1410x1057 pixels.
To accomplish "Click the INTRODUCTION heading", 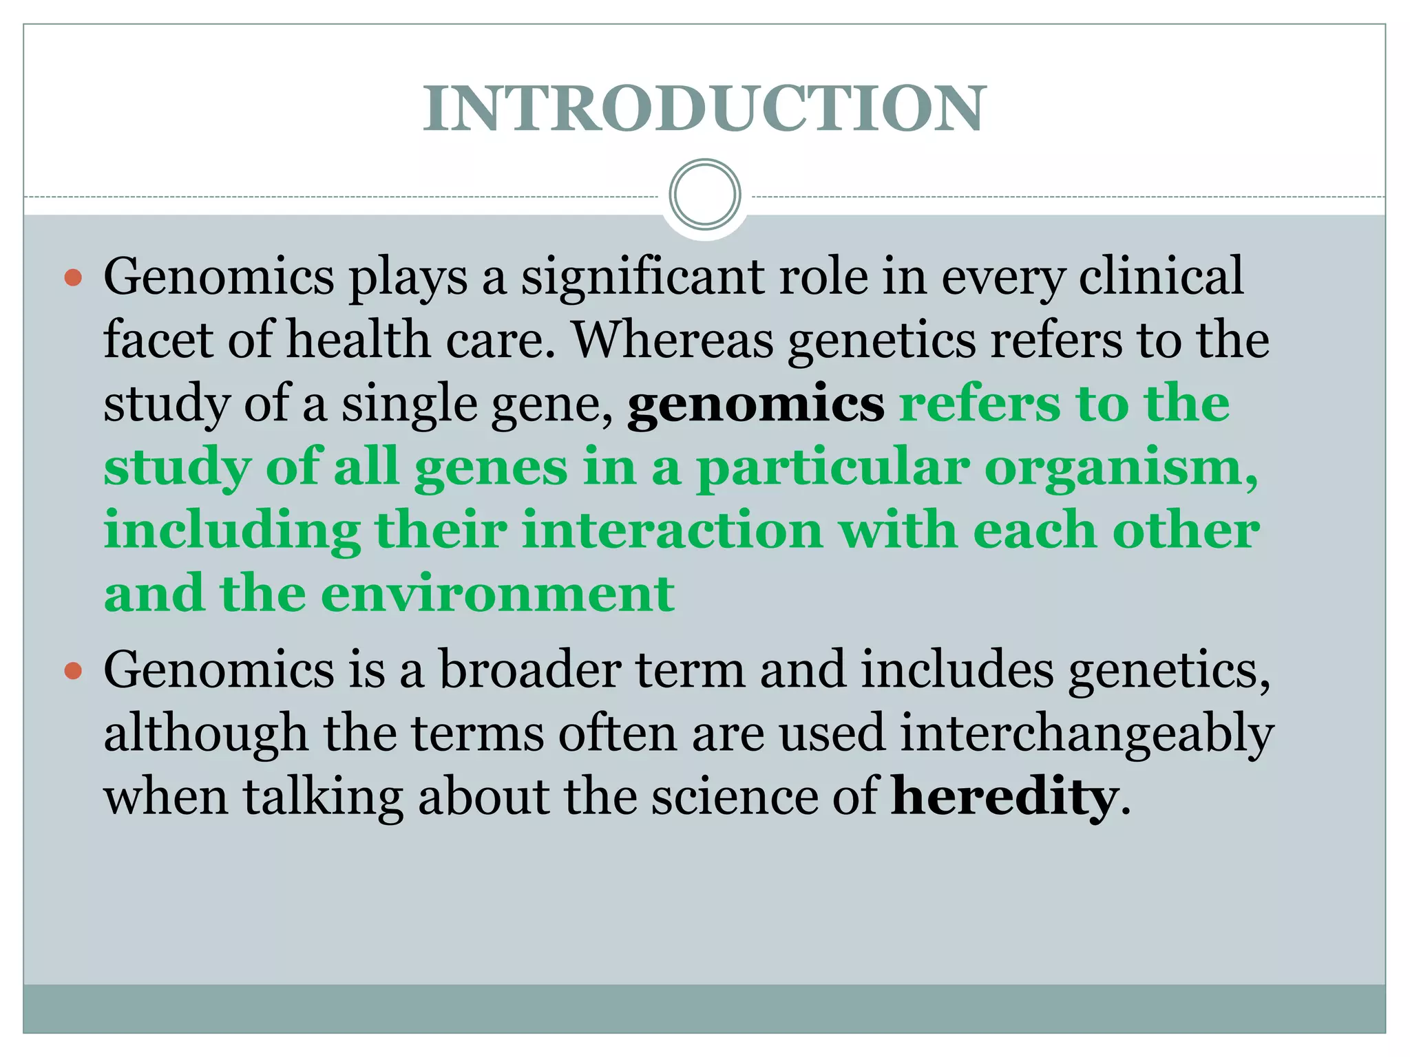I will pyautogui.click(x=704, y=109).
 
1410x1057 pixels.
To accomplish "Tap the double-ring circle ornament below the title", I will pyautogui.click(x=704, y=194).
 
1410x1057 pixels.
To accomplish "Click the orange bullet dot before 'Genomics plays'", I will pyautogui.click(x=73, y=278).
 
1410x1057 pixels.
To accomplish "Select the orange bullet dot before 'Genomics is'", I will pyautogui.click(x=73, y=670).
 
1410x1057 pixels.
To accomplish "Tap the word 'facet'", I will pyautogui.click(x=158, y=340).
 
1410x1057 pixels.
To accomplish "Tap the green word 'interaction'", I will pyautogui.click(x=672, y=531).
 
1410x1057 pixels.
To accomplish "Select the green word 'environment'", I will pyautogui.click(x=498, y=594).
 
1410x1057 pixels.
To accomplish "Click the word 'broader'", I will pyautogui.click(x=530, y=670).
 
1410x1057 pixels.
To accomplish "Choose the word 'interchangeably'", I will pyautogui.click(x=1086, y=734).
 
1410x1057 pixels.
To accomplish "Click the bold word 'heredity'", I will pyautogui.click(x=1004, y=797).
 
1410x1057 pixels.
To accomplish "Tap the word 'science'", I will pyautogui.click(x=733, y=797).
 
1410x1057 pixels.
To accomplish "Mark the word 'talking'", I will pyautogui.click(x=322, y=797).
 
